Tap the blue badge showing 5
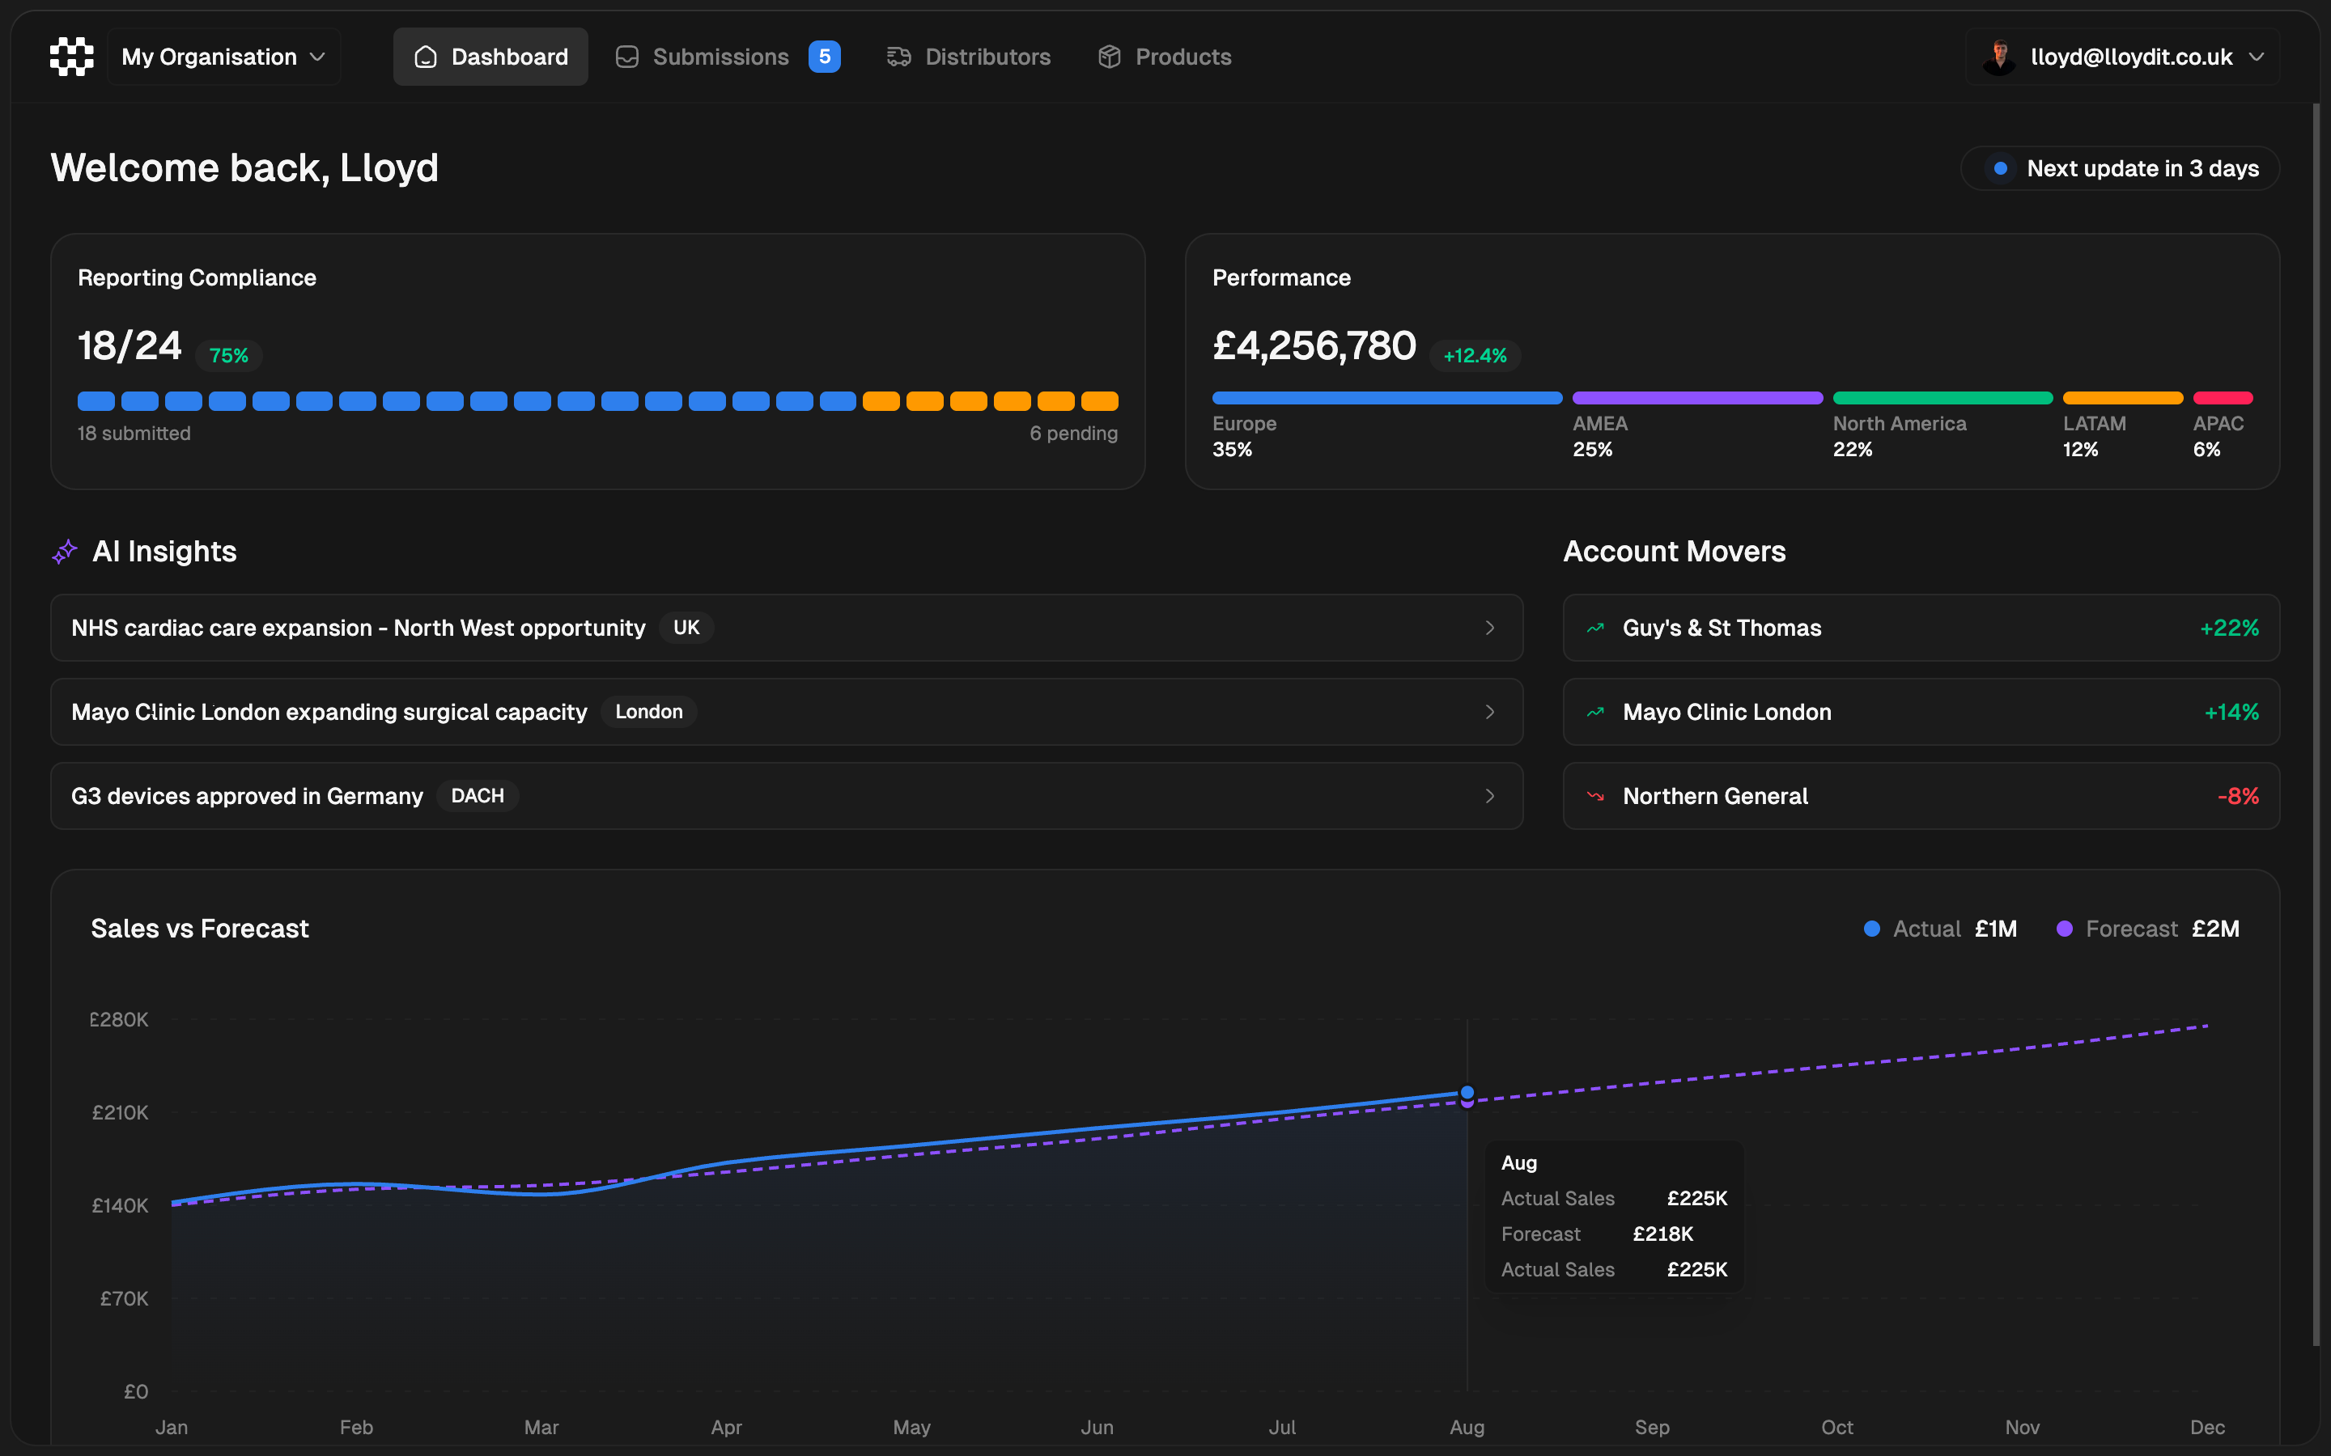(825, 57)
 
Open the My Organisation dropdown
(223, 57)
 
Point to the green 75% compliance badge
(229, 355)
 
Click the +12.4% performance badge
(1475, 355)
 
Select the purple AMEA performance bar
(1697, 398)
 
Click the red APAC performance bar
(2223, 398)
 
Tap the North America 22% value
(1853, 450)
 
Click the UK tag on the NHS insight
(686, 628)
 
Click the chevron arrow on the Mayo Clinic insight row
(1490, 712)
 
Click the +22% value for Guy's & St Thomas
(2229, 628)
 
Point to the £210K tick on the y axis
(121, 1112)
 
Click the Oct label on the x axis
(1836, 1427)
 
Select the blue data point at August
(1467, 1092)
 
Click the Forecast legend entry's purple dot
(2064, 929)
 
